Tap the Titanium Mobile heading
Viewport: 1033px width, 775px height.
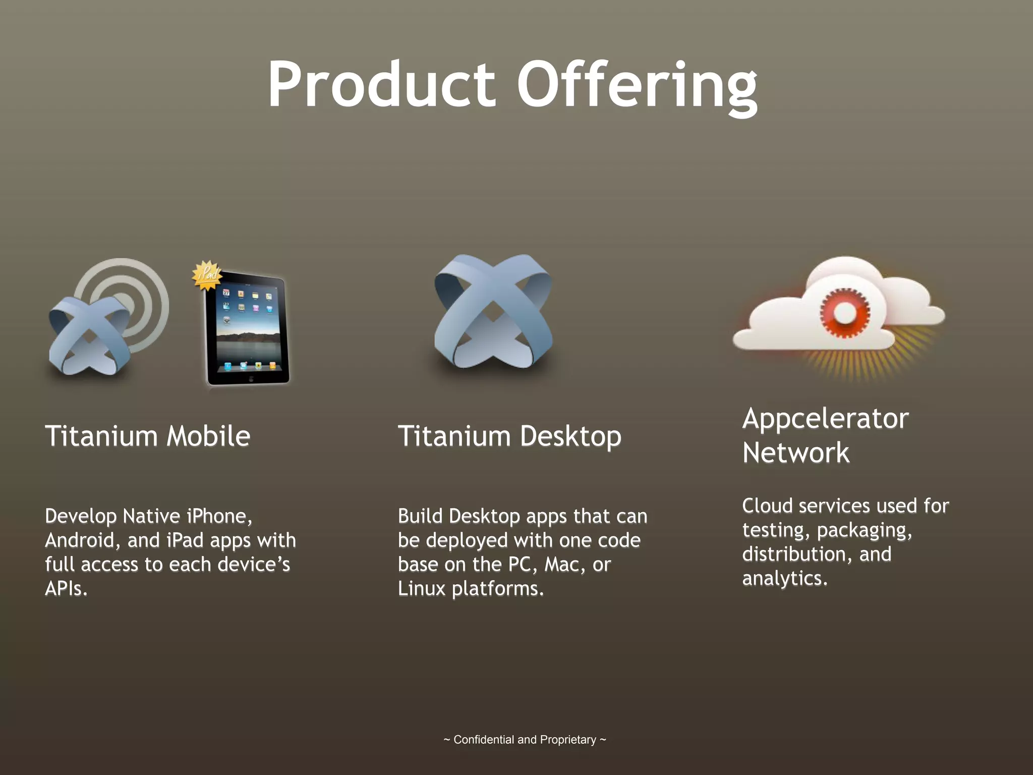[x=147, y=436]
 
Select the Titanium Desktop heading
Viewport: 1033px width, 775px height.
[x=509, y=436]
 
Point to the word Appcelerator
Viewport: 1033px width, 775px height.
[x=825, y=419]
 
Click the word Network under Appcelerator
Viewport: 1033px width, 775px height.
[x=795, y=453]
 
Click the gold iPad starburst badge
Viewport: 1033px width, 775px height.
[x=207, y=275]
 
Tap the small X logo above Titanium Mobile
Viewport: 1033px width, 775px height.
[x=89, y=336]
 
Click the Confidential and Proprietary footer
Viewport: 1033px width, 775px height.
[x=525, y=740]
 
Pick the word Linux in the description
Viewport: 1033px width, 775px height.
[x=421, y=588]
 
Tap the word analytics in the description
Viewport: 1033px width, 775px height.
[x=784, y=578]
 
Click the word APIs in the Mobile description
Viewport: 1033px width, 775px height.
[x=66, y=588]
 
